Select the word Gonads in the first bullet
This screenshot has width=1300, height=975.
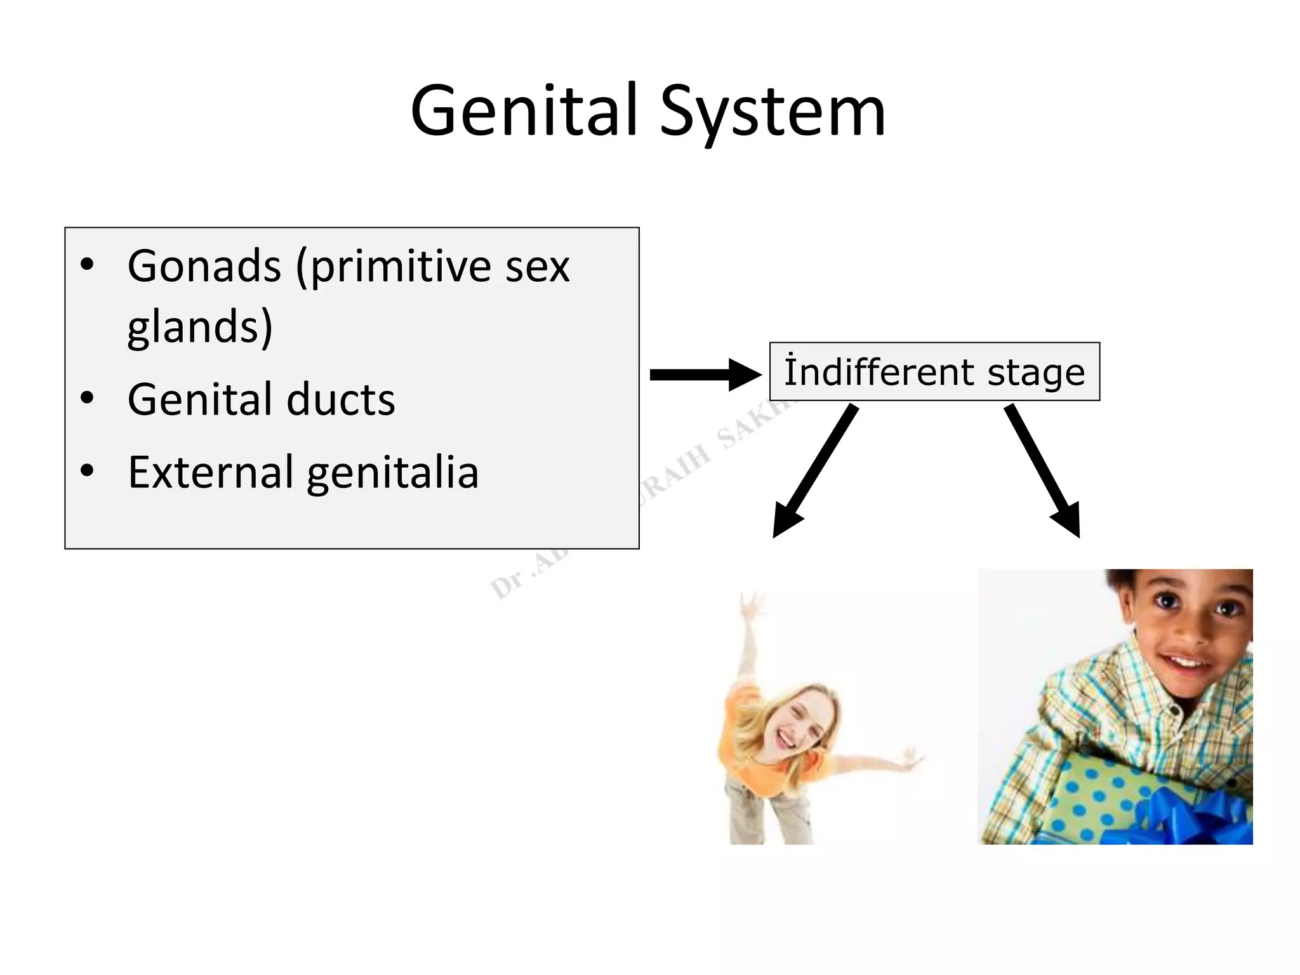tap(204, 266)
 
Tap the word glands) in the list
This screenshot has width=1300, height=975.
tap(200, 327)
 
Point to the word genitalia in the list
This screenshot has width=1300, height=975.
tap(393, 474)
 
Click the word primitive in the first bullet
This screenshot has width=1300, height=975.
tap(401, 267)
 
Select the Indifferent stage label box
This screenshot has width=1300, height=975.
tap(934, 372)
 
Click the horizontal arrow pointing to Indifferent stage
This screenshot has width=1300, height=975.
tap(705, 375)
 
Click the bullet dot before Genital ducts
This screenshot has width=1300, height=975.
tap(88, 399)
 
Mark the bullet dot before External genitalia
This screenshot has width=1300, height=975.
tap(88, 471)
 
